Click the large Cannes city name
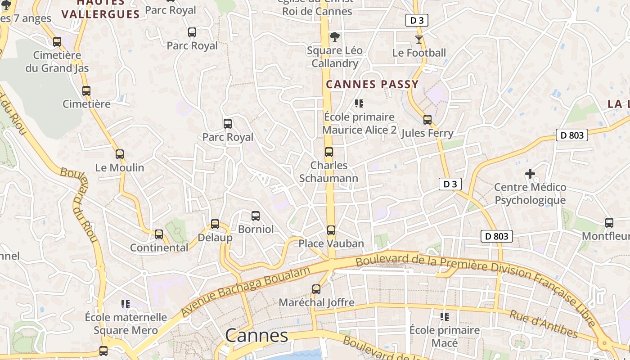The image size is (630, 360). (256, 336)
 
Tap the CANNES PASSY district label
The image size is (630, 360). (372, 84)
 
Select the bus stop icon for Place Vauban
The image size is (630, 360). (331, 230)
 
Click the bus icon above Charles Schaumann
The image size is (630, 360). (329, 152)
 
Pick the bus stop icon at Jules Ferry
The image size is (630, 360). (427, 120)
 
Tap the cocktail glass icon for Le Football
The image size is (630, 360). (419, 40)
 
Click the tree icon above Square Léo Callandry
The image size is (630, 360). (334, 37)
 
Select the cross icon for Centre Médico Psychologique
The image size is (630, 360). (530, 173)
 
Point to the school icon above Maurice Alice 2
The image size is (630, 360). (359, 103)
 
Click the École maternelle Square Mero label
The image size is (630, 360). (126, 324)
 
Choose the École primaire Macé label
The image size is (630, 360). (445, 337)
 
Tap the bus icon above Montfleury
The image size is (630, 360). (609, 223)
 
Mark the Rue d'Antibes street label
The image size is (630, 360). (543, 324)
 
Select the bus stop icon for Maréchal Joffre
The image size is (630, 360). (316, 289)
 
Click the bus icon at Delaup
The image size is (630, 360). (215, 224)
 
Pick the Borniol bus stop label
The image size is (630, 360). (256, 229)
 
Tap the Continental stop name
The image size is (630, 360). (159, 247)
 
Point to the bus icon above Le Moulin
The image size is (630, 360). (120, 154)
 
